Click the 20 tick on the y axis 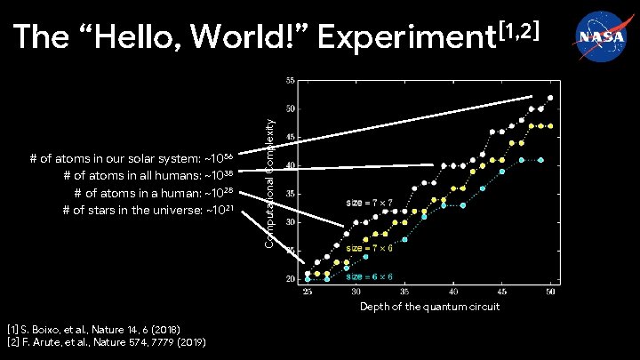[290, 279]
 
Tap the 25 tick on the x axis [308, 292]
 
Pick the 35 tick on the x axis [404, 292]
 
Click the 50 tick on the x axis [550, 292]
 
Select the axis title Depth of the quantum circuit [429, 307]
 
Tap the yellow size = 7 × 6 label [370, 248]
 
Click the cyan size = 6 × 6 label [370, 276]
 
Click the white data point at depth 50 [551, 98]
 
